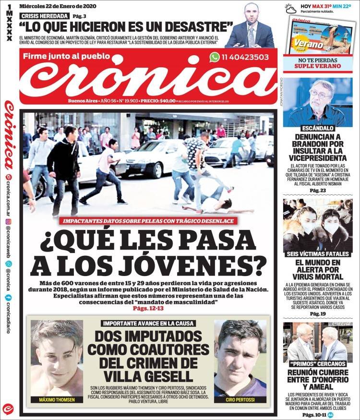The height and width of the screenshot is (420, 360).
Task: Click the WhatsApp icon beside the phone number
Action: click(215, 57)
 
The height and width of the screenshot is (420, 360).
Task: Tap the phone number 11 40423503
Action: click(245, 57)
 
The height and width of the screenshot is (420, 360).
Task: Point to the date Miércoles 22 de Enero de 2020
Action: click(57, 6)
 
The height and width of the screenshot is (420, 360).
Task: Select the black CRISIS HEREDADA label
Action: click(44, 16)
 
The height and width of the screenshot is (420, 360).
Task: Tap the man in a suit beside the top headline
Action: click(250, 27)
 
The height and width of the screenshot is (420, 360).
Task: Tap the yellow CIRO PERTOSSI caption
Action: click(240, 399)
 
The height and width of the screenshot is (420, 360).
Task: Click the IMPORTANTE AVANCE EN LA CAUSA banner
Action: click(148, 324)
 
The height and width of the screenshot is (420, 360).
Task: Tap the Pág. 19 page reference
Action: click(317, 313)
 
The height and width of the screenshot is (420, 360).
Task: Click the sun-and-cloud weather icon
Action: click(290, 8)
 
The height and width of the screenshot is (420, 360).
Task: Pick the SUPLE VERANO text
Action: click(317, 66)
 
